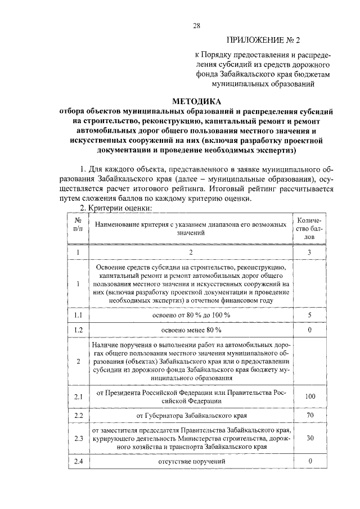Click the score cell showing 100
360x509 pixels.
pos(309,396)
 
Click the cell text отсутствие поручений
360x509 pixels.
pos(191,461)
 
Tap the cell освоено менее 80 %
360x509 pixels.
pos(191,329)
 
